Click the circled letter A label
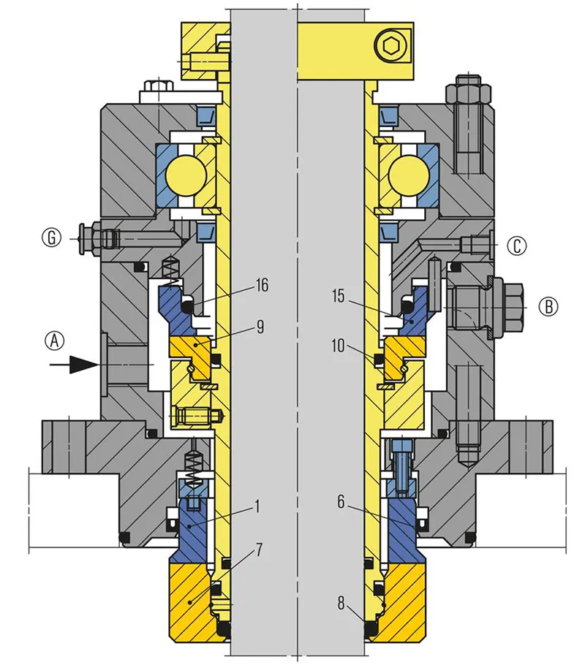(55, 340)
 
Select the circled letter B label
(549, 306)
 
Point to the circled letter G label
(52, 237)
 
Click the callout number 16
(262, 285)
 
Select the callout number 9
(260, 327)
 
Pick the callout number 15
(338, 296)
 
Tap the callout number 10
(338, 346)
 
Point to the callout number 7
(259, 550)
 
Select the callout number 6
(341, 502)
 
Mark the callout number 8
(341, 603)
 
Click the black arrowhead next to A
(83, 365)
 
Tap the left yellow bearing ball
(186, 175)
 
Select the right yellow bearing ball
(408, 175)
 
